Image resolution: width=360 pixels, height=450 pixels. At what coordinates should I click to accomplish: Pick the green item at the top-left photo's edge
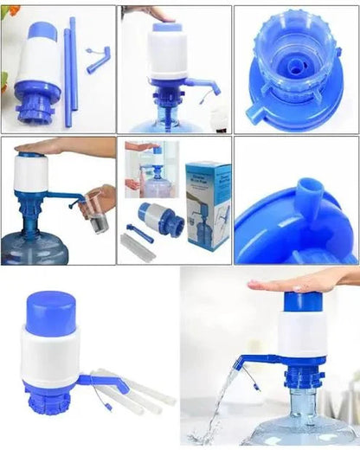tap(3, 81)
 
